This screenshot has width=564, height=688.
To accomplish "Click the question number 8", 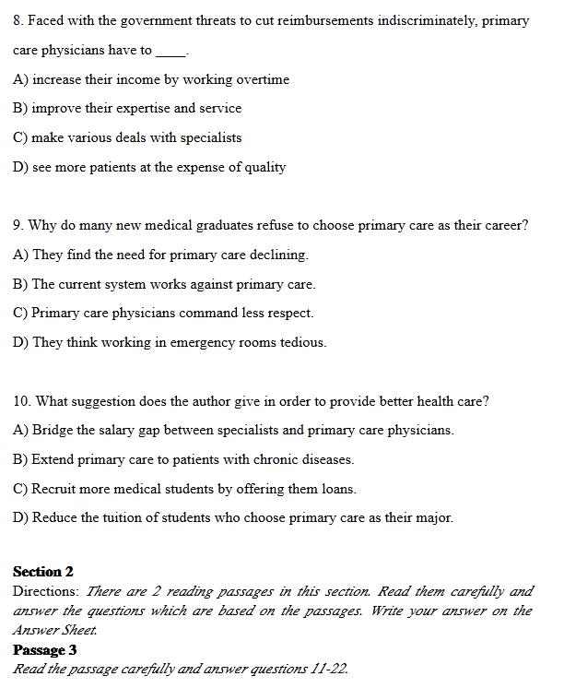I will [x=18, y=20].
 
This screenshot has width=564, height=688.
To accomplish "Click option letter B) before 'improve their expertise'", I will [x=20, y=108].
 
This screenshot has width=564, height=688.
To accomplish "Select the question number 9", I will [x=18, y=225].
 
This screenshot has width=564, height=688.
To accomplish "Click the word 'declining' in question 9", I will [x=281, y=255].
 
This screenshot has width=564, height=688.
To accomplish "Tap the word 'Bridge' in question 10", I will [x=53, y=430].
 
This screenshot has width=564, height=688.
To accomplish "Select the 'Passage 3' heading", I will [x=45, y=650].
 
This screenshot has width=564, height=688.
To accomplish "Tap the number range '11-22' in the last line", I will [x=328, y=670].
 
